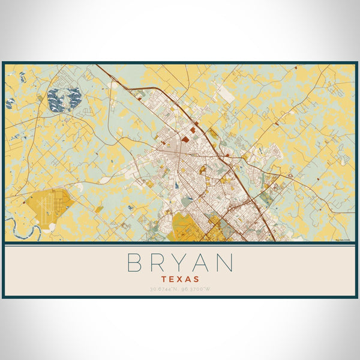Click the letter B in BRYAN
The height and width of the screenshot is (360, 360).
[134, 263]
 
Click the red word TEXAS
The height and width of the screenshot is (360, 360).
[180, 279]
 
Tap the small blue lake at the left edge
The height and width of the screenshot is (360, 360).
[10, 103]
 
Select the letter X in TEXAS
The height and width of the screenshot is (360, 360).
[180, 279]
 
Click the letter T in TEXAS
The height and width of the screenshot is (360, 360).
[165, 279]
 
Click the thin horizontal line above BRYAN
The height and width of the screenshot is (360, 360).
[180, 245]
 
